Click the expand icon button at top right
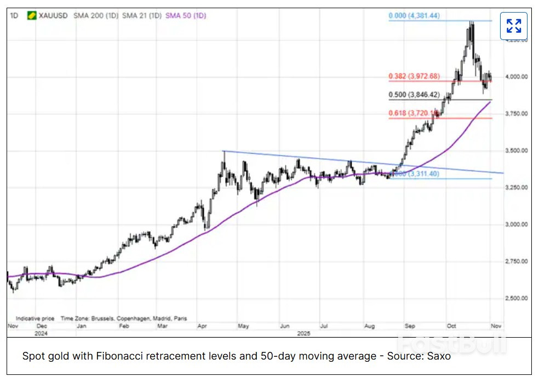pos(513,26)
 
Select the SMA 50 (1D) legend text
pos(186,16)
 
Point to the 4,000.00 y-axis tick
pos(516,77)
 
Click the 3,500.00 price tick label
pos(516,151)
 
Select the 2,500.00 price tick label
pos(516,298)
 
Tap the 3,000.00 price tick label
pos(516,224)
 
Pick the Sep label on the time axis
pos(410,326)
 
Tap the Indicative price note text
pos(35,318)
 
